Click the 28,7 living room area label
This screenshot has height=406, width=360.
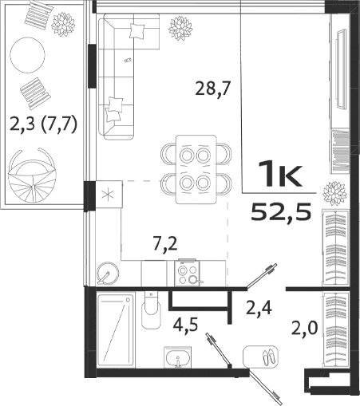point(212,89)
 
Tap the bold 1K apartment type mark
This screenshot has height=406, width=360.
point(279,174)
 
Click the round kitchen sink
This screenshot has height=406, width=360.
point(107,273)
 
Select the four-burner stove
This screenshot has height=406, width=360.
point(189,272)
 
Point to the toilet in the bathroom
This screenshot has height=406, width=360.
point(151,311)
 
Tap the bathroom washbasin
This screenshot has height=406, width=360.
point(175,358)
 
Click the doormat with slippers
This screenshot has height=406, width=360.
point(261,355)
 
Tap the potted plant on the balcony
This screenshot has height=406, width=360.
point(62,24)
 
